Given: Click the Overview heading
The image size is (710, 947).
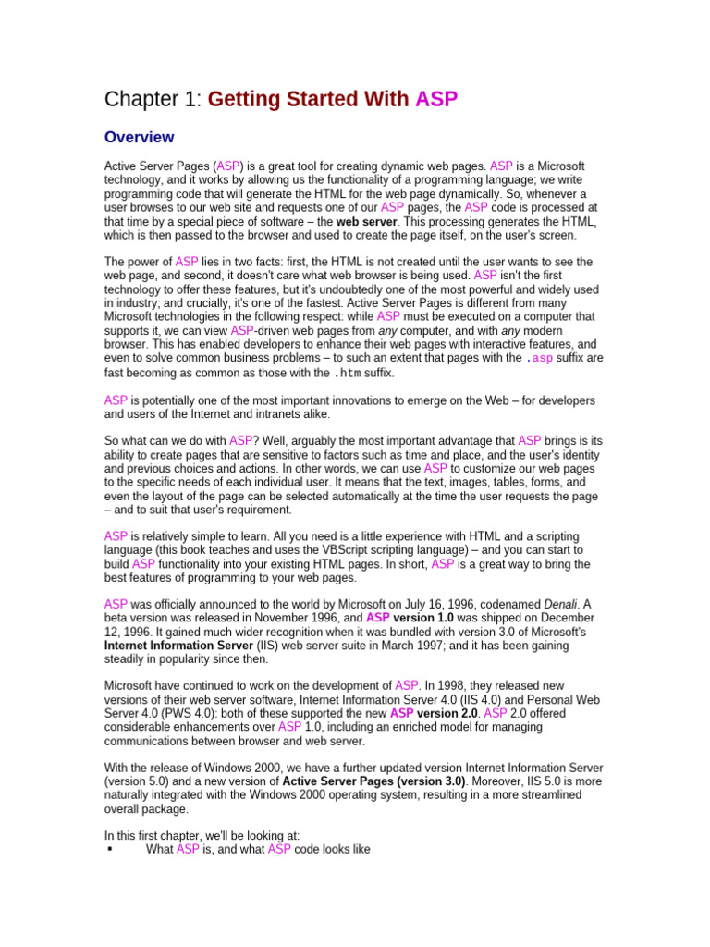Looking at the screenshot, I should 139,138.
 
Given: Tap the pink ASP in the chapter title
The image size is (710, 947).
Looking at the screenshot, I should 436,99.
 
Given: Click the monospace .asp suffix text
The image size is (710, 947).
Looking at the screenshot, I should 540,358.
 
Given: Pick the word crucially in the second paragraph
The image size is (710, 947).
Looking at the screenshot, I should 237,302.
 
